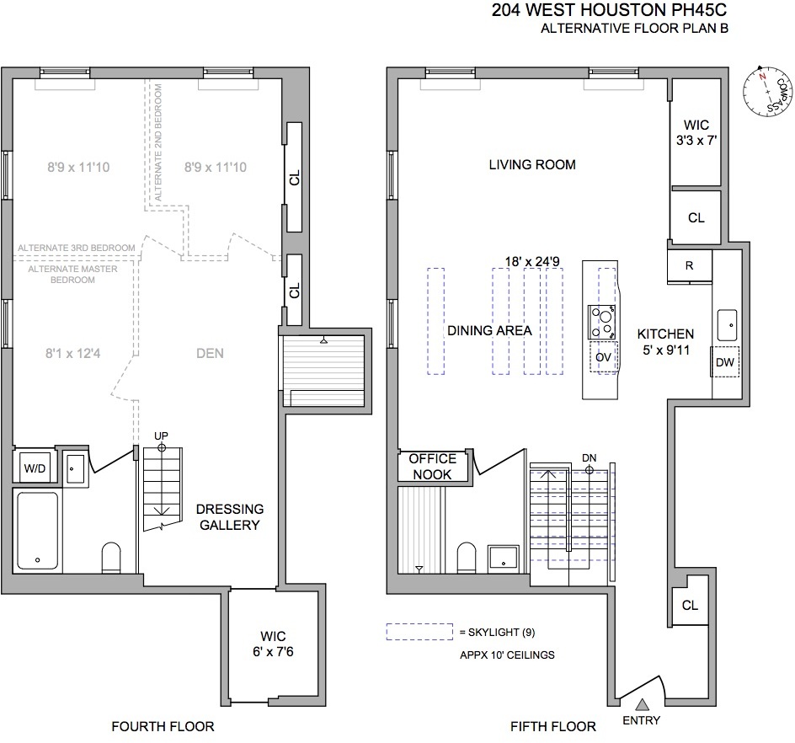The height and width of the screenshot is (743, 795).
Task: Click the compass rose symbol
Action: (x=766, y=92)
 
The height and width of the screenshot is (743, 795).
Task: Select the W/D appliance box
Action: (x=35, y=467)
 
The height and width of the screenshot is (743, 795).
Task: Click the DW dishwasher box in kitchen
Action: (x=725, y=361)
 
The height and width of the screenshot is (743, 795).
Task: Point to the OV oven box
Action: (x=602, y=357)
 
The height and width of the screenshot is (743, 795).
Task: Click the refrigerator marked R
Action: (x=689, y=265)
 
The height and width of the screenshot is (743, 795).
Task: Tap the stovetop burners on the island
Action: (x=602, y=321)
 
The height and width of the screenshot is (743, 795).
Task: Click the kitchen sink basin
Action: (x=727, y=322)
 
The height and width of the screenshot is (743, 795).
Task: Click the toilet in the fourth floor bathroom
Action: (x=111, y=557)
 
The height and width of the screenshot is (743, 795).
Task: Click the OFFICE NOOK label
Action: (x=432, y=466)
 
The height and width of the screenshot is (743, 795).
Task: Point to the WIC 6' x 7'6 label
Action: (x=273, y=644)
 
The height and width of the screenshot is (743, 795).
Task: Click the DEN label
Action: (x=210, y=353)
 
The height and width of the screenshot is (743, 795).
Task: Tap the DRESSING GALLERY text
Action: (x=230, y=516)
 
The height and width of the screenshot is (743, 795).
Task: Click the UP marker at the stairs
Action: (x=161, y=435)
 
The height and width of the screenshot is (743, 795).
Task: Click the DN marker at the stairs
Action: (x=590, y=458)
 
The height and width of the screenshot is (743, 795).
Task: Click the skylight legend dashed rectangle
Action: (x=419, y=631)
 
